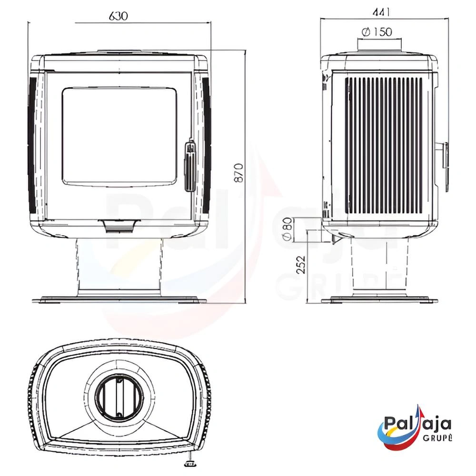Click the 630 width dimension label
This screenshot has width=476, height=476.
[x=119, y=16]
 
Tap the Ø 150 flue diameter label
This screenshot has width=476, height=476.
[x=377, y=32]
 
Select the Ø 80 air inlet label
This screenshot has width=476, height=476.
[x=287, y=229]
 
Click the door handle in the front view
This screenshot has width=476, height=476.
[x=190, y=165]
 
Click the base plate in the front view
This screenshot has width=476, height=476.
[x=119, y=300]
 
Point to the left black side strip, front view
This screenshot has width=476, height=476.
[x=32, y=145]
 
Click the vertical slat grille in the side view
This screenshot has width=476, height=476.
[x=384, y=145]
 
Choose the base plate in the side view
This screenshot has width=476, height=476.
[x=379, y=300]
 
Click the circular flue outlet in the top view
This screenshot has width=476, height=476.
[x=119, y=395]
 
